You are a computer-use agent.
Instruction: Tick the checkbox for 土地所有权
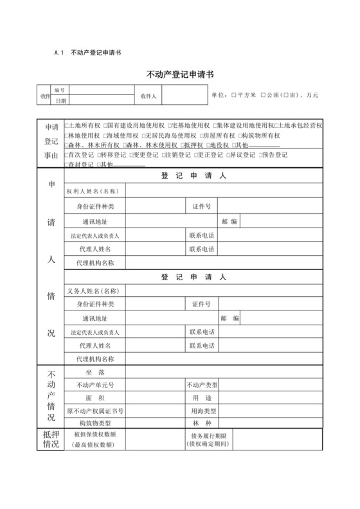tap(66, 125)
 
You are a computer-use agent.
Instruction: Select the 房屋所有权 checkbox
tap(201, 136)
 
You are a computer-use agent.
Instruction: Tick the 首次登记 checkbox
tap(66, 155)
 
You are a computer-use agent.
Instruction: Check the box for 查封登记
tap(66, 165)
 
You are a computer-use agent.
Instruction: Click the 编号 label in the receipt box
tap(60, 91)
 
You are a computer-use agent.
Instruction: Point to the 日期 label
tap(60, 101)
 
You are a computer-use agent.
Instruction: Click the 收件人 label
tap(149, 96)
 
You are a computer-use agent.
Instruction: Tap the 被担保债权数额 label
tap(94, 434)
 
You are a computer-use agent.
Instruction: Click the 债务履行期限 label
tap(207, 434)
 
